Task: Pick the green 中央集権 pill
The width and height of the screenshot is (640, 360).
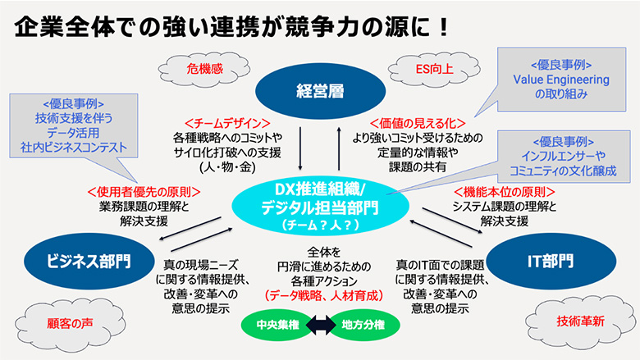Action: point(272,325)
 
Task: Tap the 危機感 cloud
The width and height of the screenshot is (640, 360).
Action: point(194,68)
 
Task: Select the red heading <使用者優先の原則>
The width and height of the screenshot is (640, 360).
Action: point(144,192)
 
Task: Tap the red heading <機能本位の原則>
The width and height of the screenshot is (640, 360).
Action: point(492,192)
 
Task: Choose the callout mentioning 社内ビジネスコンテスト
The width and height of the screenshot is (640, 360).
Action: point(74,130)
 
